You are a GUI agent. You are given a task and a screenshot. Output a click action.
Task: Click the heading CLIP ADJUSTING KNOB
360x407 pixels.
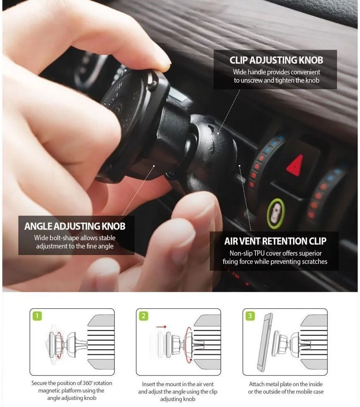(x=276, y=60)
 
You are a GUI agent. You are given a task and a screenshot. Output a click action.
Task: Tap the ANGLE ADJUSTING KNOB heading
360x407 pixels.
(x=75, y=226)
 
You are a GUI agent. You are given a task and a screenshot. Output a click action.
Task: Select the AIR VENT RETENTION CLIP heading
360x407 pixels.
(x=275, y=241)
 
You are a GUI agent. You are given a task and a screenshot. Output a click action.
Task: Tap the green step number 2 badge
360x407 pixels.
(x=143, y=317)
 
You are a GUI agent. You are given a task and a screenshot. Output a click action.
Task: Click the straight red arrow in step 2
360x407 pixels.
(x=161, y=326)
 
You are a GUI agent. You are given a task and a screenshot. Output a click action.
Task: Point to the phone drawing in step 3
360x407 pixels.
(x=265, y=342)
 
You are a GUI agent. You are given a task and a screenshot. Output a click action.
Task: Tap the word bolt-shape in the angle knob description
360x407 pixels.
(x=67, y=238)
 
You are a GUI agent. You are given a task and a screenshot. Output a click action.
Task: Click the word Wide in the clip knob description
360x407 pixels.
(x=240, y=72)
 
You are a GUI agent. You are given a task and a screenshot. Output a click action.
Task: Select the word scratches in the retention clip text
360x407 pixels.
(x=314, y=262)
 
